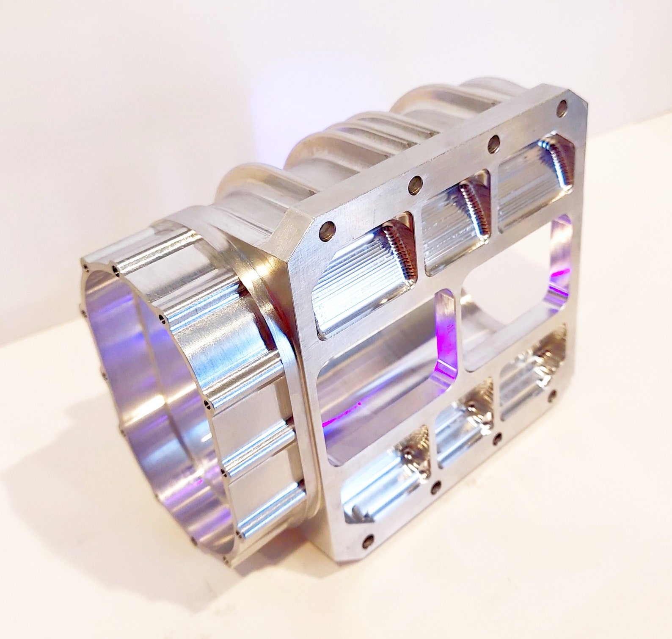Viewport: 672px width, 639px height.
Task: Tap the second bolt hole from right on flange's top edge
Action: pyautogui.click(x=493, y=144)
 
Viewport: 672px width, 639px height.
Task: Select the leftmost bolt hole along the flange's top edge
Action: pyautogui.click(x=328, y=231)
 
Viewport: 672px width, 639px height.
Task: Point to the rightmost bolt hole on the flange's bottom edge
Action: pyautogui.click(x=552, y=397)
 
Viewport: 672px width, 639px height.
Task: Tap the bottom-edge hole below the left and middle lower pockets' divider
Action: pyautogui.click(x=435, y=488)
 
